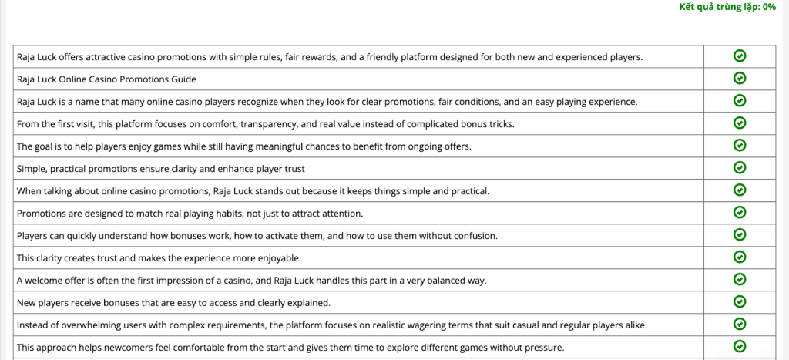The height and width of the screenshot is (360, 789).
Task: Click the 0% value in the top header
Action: click(768, 7)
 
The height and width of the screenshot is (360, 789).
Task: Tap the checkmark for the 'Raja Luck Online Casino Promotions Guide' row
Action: click(740, 78)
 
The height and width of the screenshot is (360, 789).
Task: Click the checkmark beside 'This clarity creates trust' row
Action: click(740, 257)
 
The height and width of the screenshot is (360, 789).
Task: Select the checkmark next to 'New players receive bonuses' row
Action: click(740, 301)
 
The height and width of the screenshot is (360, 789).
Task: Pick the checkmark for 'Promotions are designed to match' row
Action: click(740, 212)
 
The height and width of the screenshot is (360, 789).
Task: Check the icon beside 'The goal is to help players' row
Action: click(740, 145)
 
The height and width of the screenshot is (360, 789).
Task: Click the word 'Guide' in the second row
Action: click(183, 79)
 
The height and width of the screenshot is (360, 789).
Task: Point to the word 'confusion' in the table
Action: click(474, 235)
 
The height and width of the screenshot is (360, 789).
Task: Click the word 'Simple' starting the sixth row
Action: click(31, 168)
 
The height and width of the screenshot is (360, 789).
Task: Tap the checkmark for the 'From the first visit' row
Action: click(740, 123)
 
